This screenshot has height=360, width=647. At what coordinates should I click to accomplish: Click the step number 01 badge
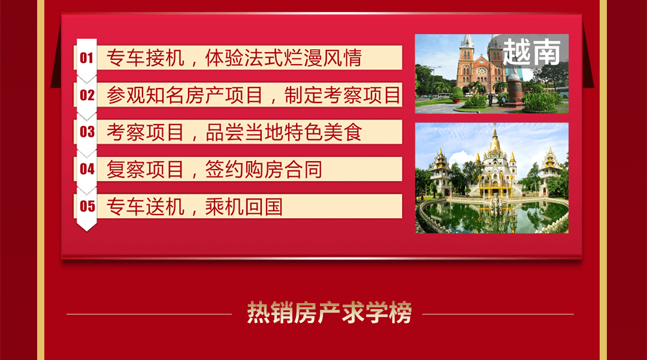87,58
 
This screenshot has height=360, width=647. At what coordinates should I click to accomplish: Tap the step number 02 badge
87,95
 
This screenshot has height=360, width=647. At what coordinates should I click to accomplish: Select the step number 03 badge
87,132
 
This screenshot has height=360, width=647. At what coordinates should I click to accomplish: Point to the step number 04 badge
87,169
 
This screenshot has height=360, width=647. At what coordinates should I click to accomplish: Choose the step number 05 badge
87,206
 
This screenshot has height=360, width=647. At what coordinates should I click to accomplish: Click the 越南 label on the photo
532,52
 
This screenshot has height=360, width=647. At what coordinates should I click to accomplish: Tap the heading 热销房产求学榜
329,313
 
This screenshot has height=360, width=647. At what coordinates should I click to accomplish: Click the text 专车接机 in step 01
145,58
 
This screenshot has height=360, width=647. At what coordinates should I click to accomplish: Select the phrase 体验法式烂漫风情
283,58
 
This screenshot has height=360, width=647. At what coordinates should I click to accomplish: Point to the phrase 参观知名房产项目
185,95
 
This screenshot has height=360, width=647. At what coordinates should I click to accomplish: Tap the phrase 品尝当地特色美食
284,132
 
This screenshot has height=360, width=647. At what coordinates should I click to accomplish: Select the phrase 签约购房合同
264,170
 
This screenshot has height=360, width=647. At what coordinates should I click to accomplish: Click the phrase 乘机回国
244,207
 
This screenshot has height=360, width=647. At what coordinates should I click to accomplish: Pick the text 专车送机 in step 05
145,207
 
